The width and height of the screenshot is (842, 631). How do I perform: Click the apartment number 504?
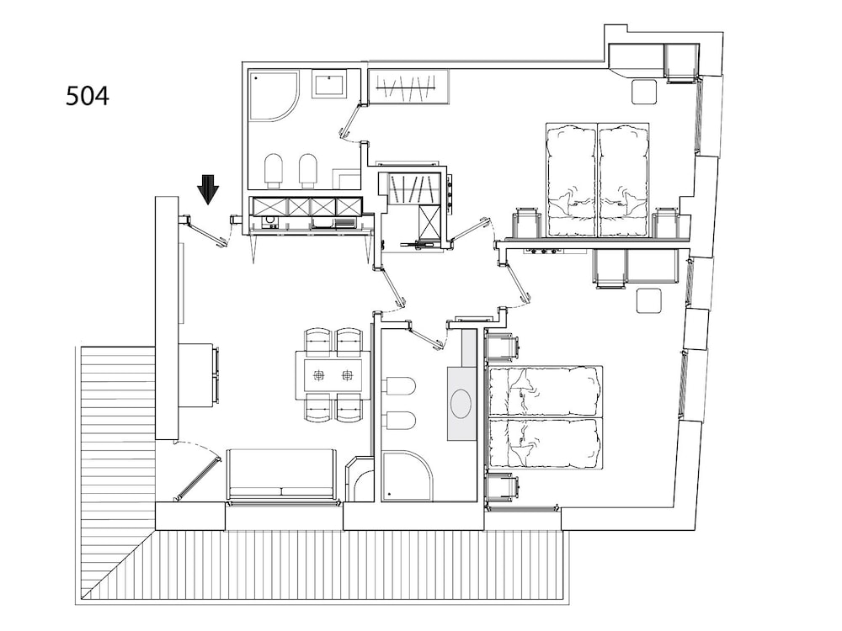(88, 96)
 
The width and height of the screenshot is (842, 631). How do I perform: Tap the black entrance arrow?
(208, 190)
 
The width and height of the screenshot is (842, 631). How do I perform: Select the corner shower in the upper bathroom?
(274, 97)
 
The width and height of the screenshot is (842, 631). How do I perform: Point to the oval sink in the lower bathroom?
(461, 401)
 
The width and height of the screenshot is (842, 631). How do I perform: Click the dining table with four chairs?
(333, 374)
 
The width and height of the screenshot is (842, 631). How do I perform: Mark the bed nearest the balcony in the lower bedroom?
(546, 443)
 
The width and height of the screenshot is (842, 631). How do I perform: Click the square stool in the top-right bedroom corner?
(644, 91)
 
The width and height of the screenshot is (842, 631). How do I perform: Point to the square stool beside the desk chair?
(648, 300)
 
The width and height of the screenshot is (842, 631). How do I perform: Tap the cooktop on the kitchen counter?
(269, 221)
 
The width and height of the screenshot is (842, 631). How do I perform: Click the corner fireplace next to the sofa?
(360, 479)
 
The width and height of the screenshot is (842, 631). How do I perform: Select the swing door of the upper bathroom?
(350, 121)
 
